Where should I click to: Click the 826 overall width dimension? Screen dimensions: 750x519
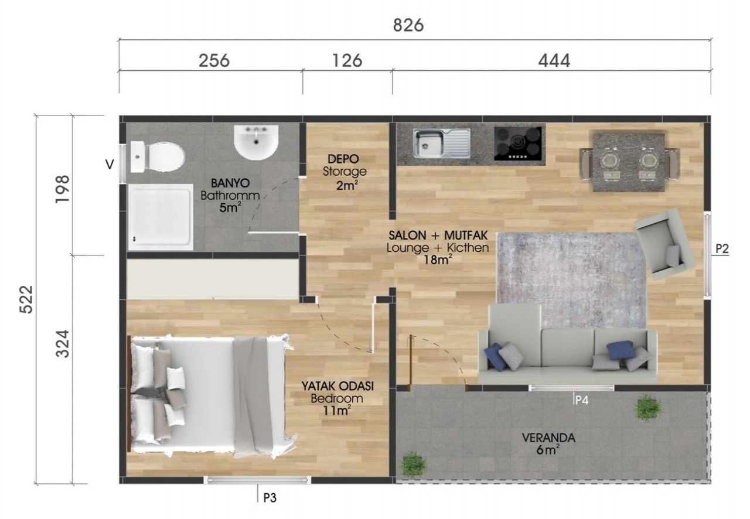[408, 25]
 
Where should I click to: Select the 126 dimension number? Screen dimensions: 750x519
[347, 61]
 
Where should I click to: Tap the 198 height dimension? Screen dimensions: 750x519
[63, 189]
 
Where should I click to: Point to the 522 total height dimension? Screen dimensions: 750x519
[26, 299]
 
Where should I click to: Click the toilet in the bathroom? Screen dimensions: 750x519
[157, 157]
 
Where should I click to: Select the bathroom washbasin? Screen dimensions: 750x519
[256, 142]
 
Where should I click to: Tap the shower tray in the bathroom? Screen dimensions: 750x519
[161, 217]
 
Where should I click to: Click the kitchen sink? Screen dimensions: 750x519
[442, 144]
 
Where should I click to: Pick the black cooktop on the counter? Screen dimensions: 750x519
[518, 143]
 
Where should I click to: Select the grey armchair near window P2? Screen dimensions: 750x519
[665, 244]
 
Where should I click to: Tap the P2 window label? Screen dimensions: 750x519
[722, 249]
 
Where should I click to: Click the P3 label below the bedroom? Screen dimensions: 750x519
[270, 498]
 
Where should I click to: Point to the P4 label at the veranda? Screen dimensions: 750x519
[582, 400]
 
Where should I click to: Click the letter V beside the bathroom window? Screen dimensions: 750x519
[110, 165]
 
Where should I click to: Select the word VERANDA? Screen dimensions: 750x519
[548, 438]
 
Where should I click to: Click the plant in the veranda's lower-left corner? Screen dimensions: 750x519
[414, 463]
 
